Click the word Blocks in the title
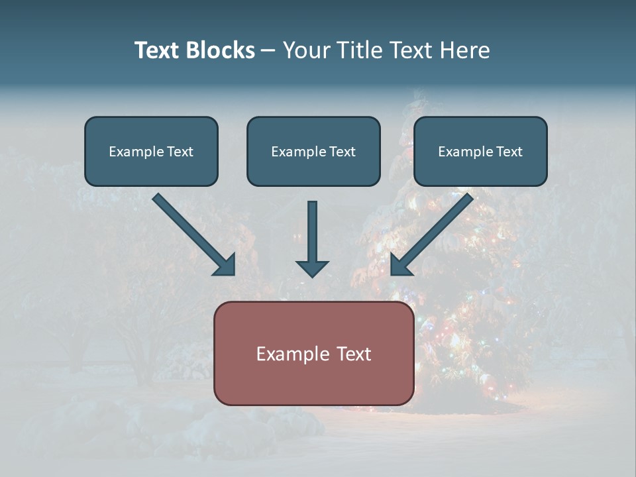tap(221, 50)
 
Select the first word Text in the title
tap(158, 50)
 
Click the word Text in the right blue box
tap(509, 152)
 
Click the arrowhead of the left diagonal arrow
tap(225, 265)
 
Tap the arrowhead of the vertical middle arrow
tap(312, 268)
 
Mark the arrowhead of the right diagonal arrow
tap(400, 265)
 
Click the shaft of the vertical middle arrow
tap(312, 229)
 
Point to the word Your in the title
tap(305, 50)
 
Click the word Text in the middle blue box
tap(342, 152)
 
